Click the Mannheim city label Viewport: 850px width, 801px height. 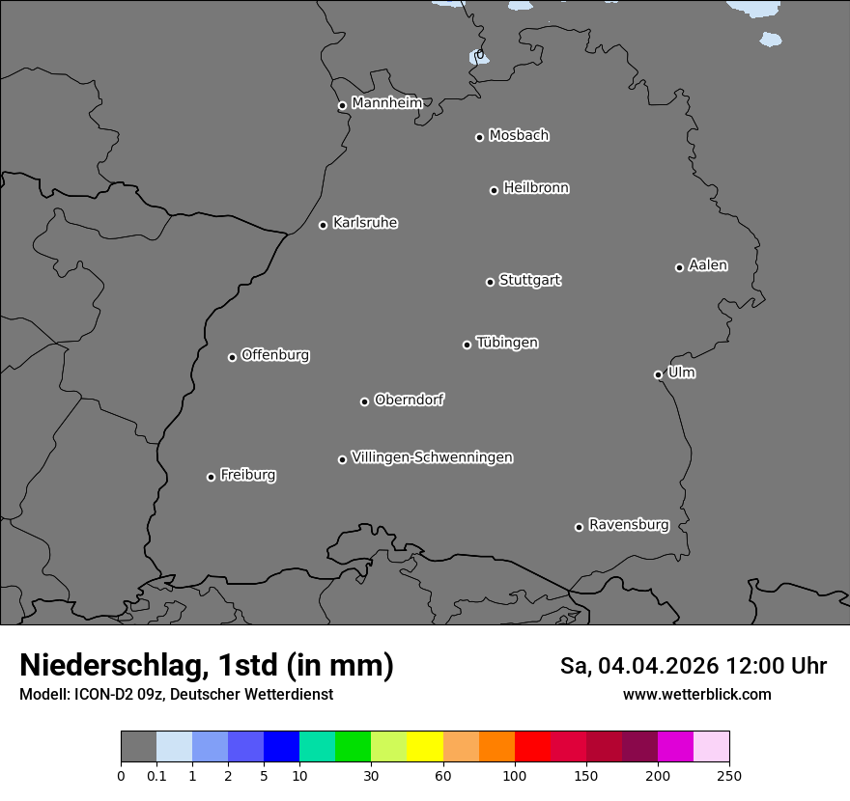click(x=386, y=103)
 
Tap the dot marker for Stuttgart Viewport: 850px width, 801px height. click(x=490, y=282)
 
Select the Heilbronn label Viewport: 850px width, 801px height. click(x=536, y=188)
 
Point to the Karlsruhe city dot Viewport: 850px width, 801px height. click(x=323, y=225)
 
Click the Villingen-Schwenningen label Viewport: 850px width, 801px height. click(x=432, y=457)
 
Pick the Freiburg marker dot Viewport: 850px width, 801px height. click(x=211, y=477)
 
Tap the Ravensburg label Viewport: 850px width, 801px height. click(x=628, y=525)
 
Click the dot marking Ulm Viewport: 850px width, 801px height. click(x=658, y=374)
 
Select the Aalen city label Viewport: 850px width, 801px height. click(x=708, y=265)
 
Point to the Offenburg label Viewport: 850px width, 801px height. click(x=275, y=355)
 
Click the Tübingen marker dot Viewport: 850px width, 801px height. click(x=467, y=345)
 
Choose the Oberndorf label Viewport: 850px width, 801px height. click(x=409, y=400)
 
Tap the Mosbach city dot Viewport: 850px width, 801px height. click(x=479, y=137)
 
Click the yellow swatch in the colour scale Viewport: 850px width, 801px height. click(x=425, y=747)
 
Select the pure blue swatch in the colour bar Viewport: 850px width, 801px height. click(x=281, y=747)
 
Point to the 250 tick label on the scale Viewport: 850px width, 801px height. click(x=729, y=775)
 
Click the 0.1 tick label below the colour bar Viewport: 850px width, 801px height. click(x=156, y=775)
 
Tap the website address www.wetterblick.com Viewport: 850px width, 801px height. click(x=696, y=695)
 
